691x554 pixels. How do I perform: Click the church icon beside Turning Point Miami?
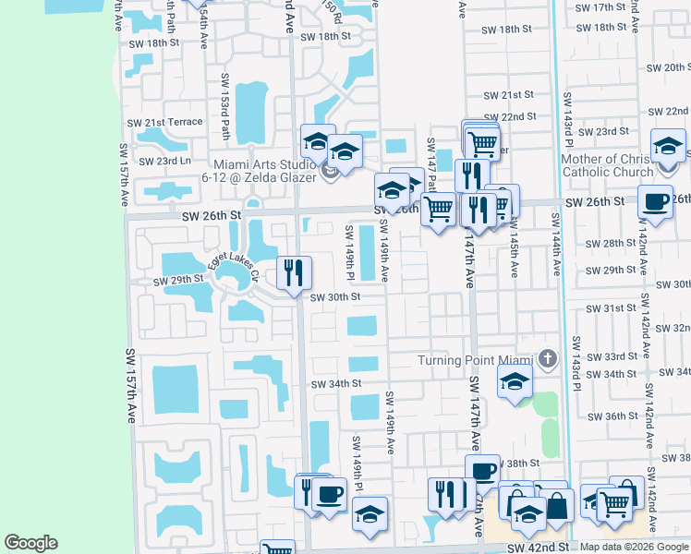tap(548, 358)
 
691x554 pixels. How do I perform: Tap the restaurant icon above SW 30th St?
tap(294, 272)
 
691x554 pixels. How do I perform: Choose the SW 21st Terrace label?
tap(165, 123)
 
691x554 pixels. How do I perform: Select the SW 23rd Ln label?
tap(165, 161)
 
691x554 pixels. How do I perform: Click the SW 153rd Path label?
tap(224, 102)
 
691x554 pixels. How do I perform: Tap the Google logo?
tap(30, 543)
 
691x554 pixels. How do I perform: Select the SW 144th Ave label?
tap(556, 246)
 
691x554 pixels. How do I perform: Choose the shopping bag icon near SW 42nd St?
tap(557, 504)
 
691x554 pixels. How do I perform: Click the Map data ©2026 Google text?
tap(634, 547)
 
